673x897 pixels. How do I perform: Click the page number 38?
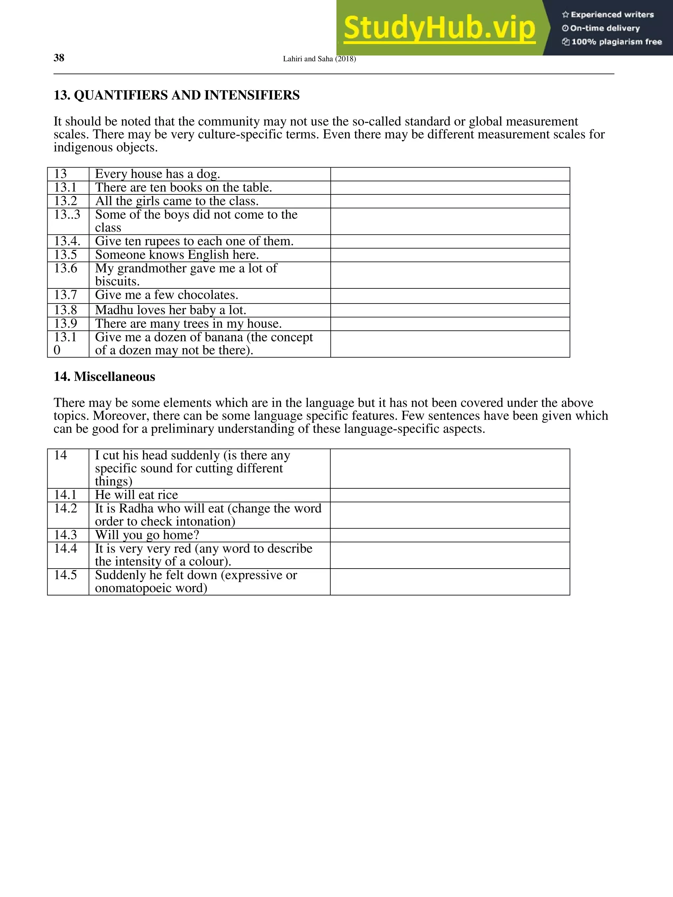tap(59, 58)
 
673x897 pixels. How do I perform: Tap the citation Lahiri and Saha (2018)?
tap(319, 59)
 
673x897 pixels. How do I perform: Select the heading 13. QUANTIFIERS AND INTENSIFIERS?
tap(176, 95)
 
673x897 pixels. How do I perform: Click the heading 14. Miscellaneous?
tap(104, 377)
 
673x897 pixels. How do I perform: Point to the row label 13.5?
tap(65, 255)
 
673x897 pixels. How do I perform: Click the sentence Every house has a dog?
tap(157, 174)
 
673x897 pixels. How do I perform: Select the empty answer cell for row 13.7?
tap(450, 296)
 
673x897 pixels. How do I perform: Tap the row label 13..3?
tap(67, 214)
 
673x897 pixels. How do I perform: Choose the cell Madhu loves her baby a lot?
tap(170, 310)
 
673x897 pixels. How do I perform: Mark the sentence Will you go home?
tap(147, 535)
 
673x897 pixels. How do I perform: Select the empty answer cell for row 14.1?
tap(450, 495)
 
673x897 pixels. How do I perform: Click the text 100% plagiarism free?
tap(616, 42)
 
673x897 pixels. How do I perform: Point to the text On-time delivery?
tap(604, 28)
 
